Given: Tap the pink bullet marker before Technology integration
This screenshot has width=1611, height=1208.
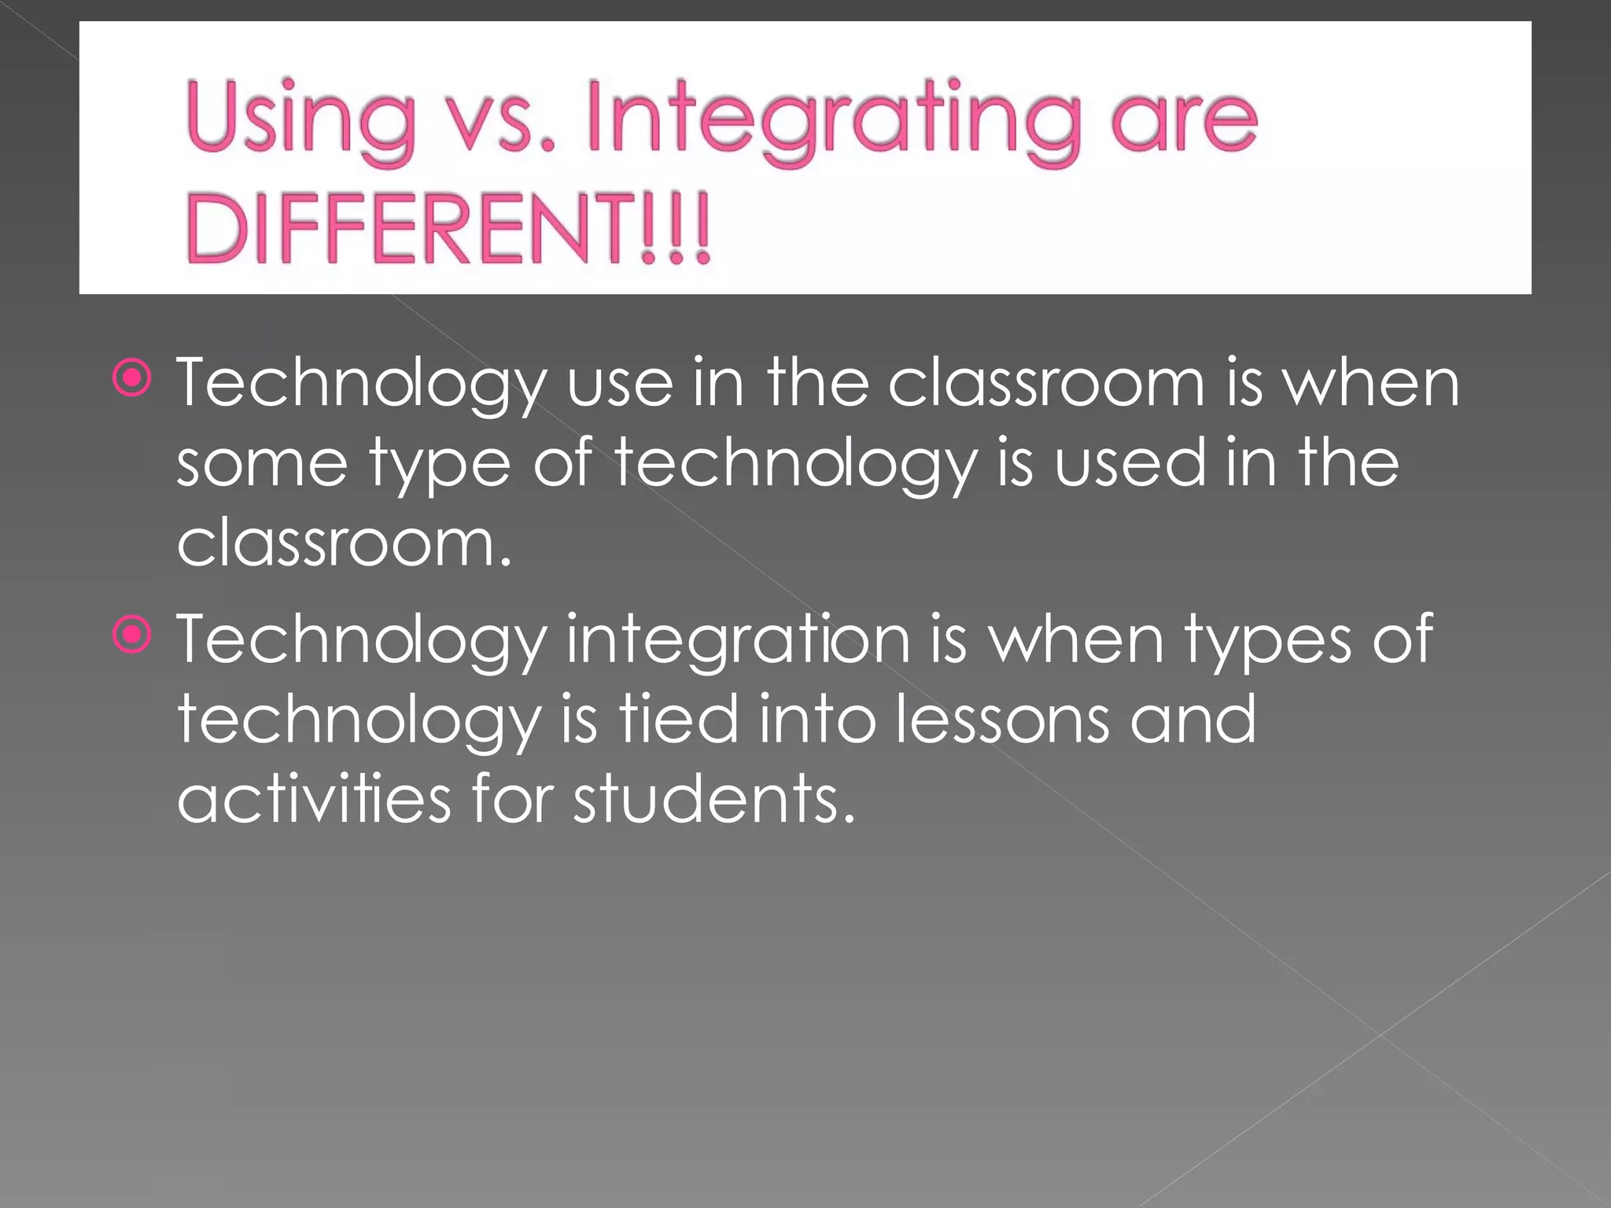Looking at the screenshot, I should [x=131, y=634].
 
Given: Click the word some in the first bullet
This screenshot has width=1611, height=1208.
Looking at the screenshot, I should [x=262, y=464].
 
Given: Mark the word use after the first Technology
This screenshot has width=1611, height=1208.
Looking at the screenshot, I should [x=621, y=384].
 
